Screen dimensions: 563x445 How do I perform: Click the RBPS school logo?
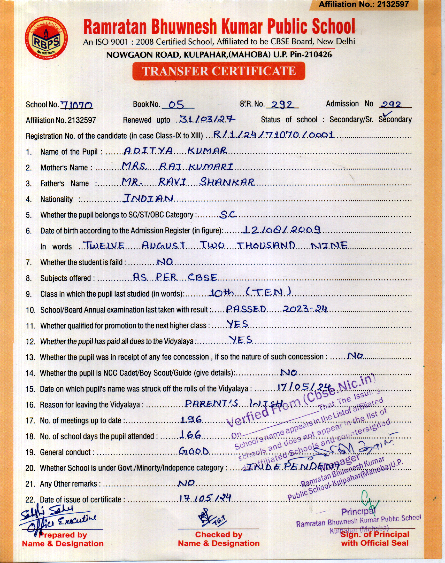[46, 38]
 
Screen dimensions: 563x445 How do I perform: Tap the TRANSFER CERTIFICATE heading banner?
[218, 71]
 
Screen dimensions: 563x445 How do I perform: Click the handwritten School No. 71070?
[76, 105]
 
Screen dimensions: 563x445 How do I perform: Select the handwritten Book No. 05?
[177, 104]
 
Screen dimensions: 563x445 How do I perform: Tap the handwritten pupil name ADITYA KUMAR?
[175, 151]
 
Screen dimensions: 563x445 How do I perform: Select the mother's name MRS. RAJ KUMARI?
[177, 167]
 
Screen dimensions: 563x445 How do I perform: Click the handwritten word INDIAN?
[148, 198]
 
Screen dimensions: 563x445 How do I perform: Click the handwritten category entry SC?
[228, 214]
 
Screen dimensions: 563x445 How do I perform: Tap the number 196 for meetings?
[191, 420]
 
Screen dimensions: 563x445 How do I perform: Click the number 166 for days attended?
[190, 435]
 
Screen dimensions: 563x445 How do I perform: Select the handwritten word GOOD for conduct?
[194, 451]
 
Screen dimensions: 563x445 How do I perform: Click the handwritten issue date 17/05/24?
[205, 498]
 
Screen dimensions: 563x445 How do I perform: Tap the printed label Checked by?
[218, 534]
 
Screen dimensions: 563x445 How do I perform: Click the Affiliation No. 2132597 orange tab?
[363, 5]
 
